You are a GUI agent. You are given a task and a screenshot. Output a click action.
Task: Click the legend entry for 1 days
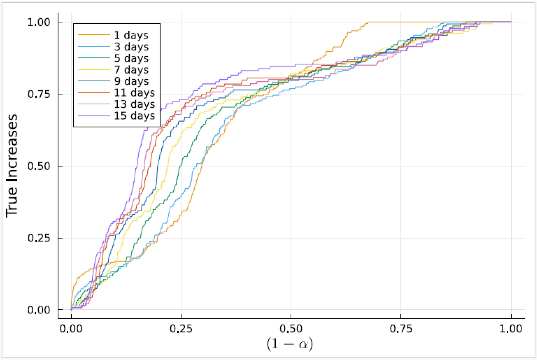[131, 35]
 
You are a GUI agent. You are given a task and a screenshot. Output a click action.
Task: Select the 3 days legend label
[131, 47]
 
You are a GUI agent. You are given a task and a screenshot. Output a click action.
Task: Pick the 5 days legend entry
[131, 58]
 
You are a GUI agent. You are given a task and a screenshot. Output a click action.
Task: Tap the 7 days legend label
[131, 70]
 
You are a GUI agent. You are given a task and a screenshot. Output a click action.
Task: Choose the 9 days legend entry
[131, 81]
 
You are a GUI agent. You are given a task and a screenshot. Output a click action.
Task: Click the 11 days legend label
[134, 93]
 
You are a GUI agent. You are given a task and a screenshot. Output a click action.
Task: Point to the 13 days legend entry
[134, 104]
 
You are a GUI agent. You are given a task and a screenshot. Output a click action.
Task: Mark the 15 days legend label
[134, 116]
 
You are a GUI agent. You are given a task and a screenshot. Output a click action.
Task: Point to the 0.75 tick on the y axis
[39, 94]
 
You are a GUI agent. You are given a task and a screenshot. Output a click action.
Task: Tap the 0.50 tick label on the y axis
[39, 166]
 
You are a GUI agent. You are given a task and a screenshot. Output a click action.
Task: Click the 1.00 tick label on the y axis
[39, 22]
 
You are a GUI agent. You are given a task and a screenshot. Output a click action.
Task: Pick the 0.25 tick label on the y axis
[39, 238]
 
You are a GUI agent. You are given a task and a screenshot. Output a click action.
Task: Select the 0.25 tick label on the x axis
[181, 329]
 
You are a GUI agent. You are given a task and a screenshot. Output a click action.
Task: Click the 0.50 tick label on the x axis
[291, 329]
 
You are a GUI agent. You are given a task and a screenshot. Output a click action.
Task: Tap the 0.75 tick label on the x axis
[401, 329]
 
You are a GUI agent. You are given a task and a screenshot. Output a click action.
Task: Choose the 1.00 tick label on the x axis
[511, 329]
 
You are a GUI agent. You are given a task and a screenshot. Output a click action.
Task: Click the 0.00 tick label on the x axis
[71, 329]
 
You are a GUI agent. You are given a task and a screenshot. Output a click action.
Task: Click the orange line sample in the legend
[94, 35]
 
